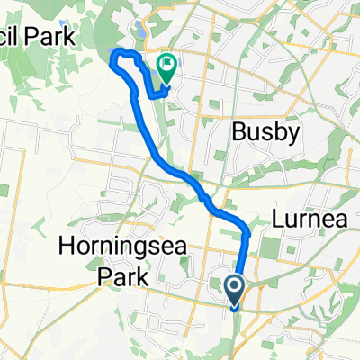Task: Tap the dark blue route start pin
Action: click(234, 288)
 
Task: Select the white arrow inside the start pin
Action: click(234, 287)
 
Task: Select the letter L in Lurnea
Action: click(273, 220)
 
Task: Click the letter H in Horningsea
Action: click(65, 243)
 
